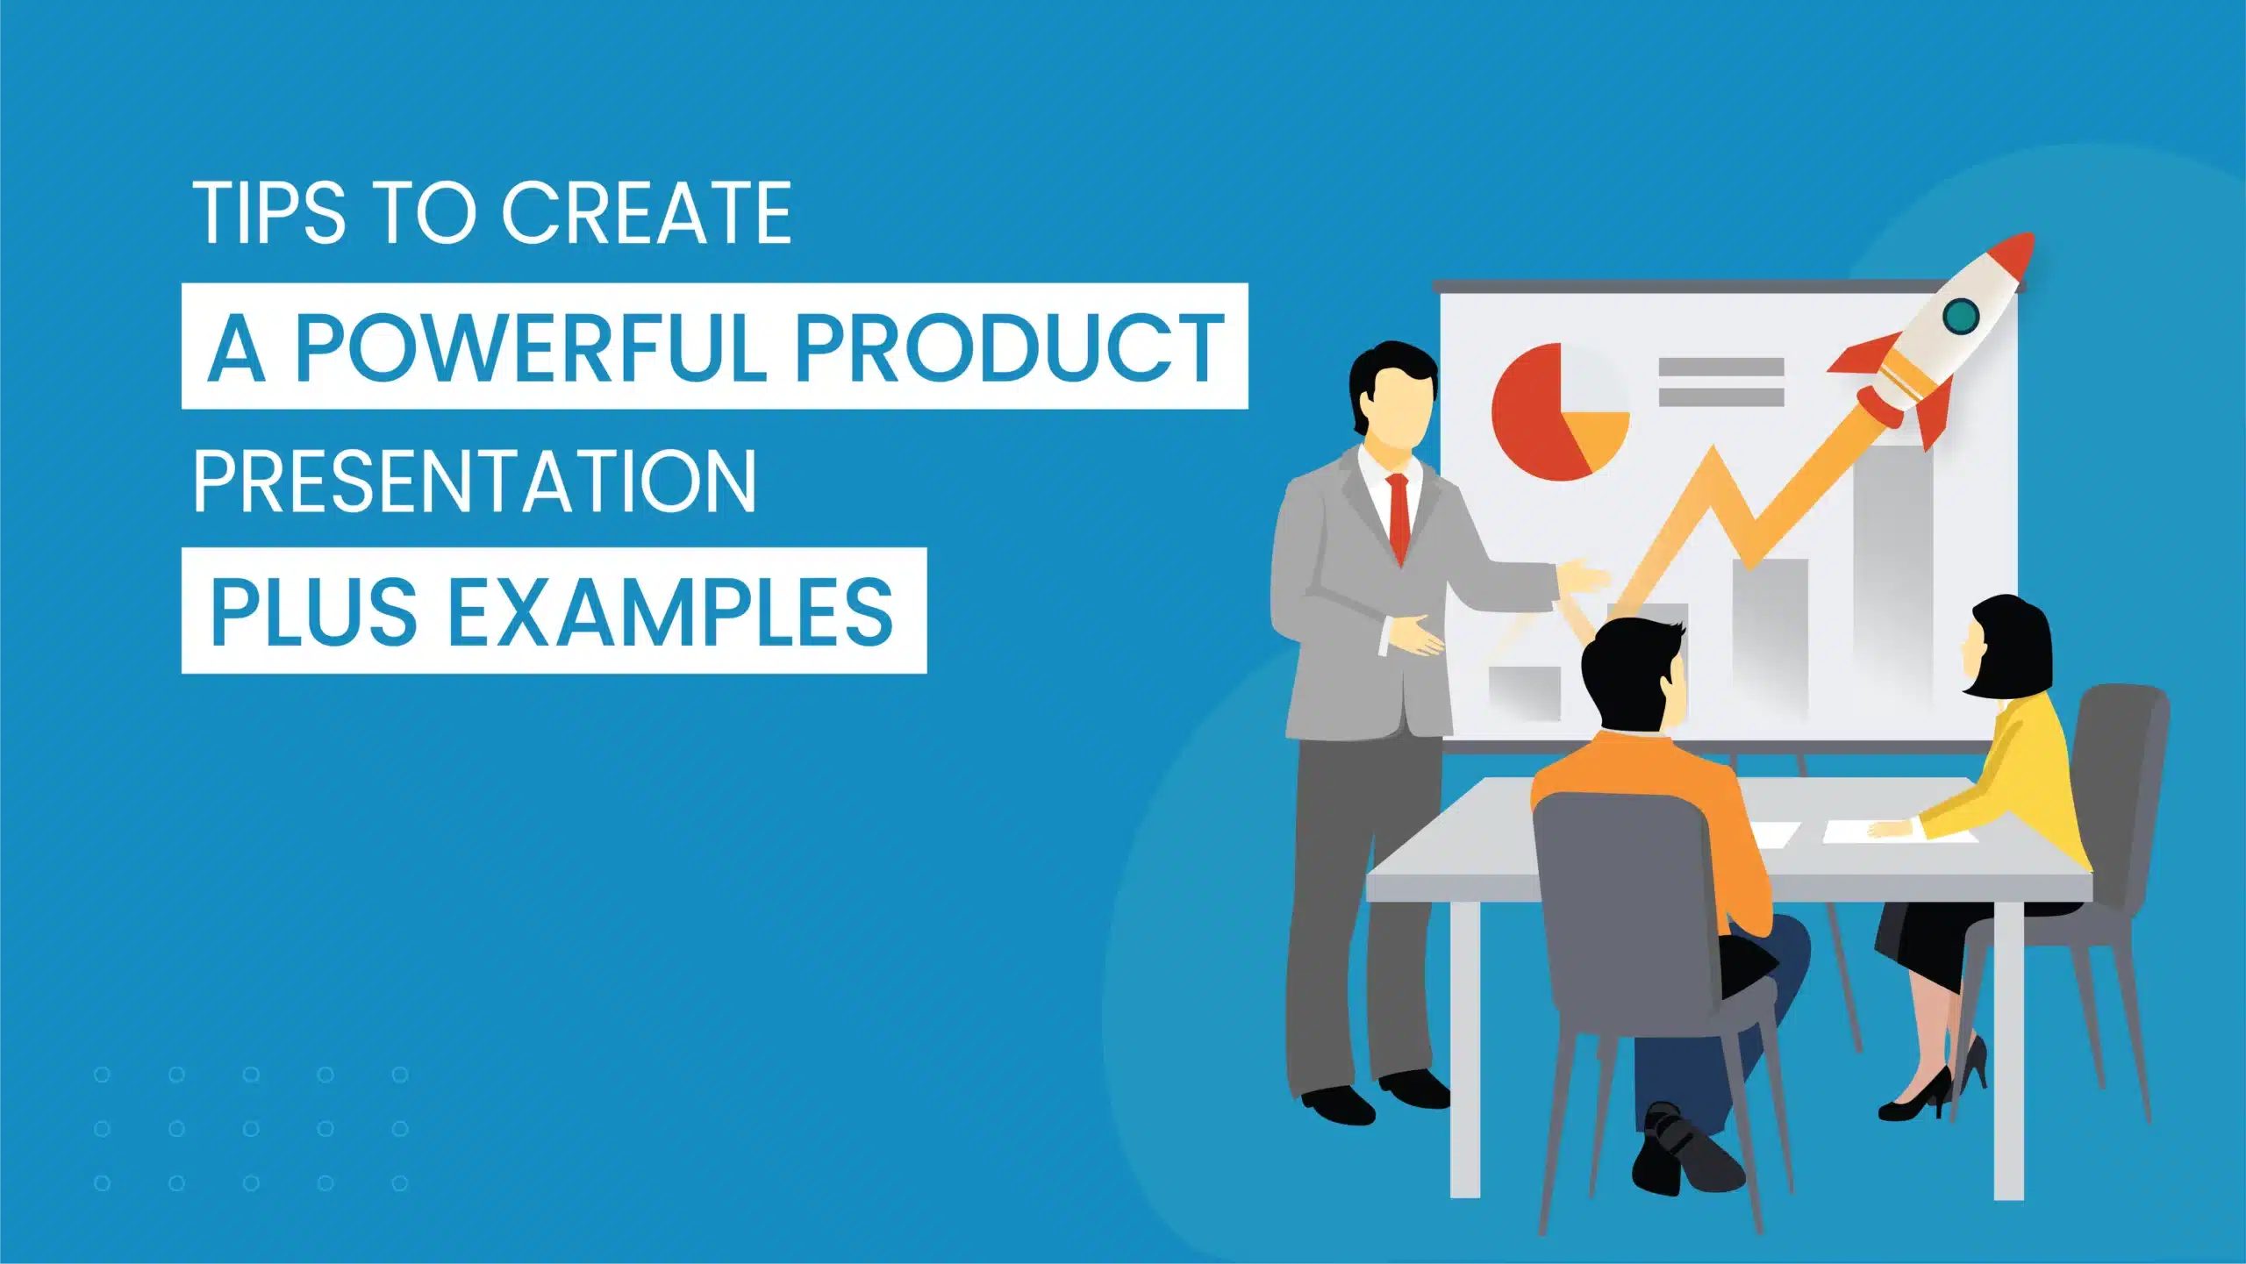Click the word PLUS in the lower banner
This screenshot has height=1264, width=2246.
pyautogui.click(x=313, y=611)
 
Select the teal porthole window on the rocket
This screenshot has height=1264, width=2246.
pyautogui.click(x=1960, y=316)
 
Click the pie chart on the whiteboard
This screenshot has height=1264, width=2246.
pyautogui.click(x=1560, y=411)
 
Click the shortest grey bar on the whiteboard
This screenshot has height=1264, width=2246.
pyautogui.click(x=1525, y=693)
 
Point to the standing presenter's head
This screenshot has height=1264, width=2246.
pyautogui.click(x=1394, y=395)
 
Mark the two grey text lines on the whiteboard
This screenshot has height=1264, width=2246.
pyautogui.click(x=1721, y=382)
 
